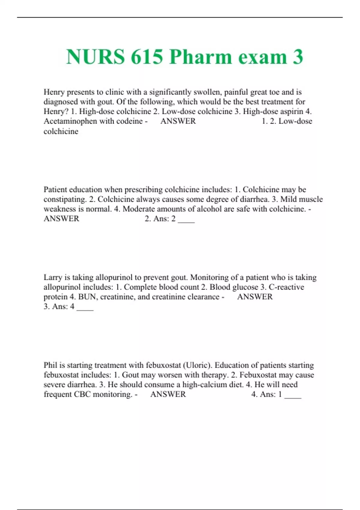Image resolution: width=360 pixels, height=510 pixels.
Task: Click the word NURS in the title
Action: coord(95,57)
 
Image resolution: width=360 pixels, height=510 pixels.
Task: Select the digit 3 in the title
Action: coord(298,57)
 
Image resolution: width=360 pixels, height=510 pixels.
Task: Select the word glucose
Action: coord(245,287)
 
